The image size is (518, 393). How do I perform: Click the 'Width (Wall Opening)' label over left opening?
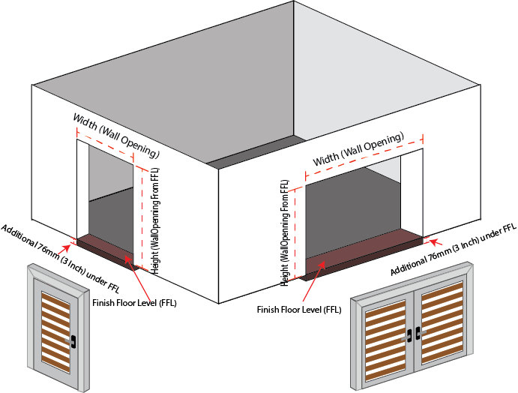[x=116, y=135]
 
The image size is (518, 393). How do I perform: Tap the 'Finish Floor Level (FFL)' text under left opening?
[x=135, y=303]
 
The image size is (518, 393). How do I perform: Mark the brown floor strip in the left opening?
[x=105, y=248]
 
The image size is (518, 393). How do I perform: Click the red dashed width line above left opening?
[x=105, y=145]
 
